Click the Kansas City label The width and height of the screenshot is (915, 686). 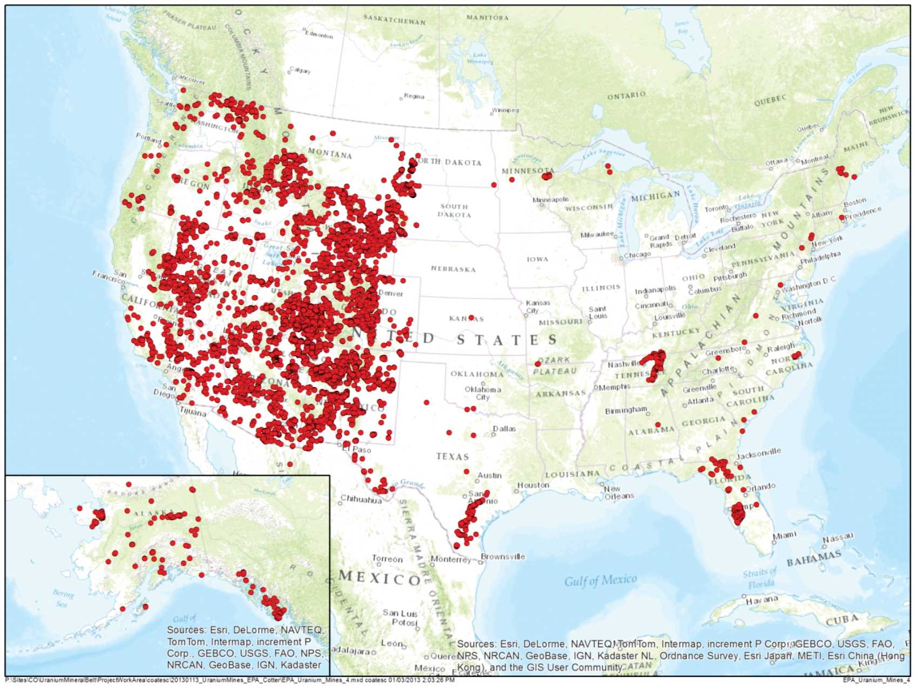click(x=538, y=306)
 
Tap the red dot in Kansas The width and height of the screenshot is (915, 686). click(x=471, y=318)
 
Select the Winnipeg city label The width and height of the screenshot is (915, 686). click(x=506, y=110)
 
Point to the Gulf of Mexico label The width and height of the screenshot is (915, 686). click(x=600, y=580)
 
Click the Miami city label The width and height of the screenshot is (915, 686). click(x=784, y=535)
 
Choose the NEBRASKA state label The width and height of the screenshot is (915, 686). click(x=453, y=269)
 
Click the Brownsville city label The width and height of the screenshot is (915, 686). click(x=503, y=557)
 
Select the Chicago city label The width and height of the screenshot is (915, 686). click(x=638, y=255)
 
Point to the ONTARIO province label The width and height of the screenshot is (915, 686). click(x=626, y=95)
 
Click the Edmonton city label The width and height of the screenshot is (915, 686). click(x=320, y=35)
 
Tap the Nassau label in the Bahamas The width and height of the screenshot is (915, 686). click(x=838, y=538)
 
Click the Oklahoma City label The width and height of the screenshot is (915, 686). click(x=483, y=393)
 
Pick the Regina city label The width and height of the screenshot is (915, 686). click(x=414, y=97)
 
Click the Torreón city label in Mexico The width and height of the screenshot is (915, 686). click(x=387, y=559)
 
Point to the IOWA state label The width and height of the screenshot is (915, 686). click(x=537, y=259)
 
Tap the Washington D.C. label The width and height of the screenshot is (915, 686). click(x=809, y=284)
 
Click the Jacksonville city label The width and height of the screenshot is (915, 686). click(x=758, y=454)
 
